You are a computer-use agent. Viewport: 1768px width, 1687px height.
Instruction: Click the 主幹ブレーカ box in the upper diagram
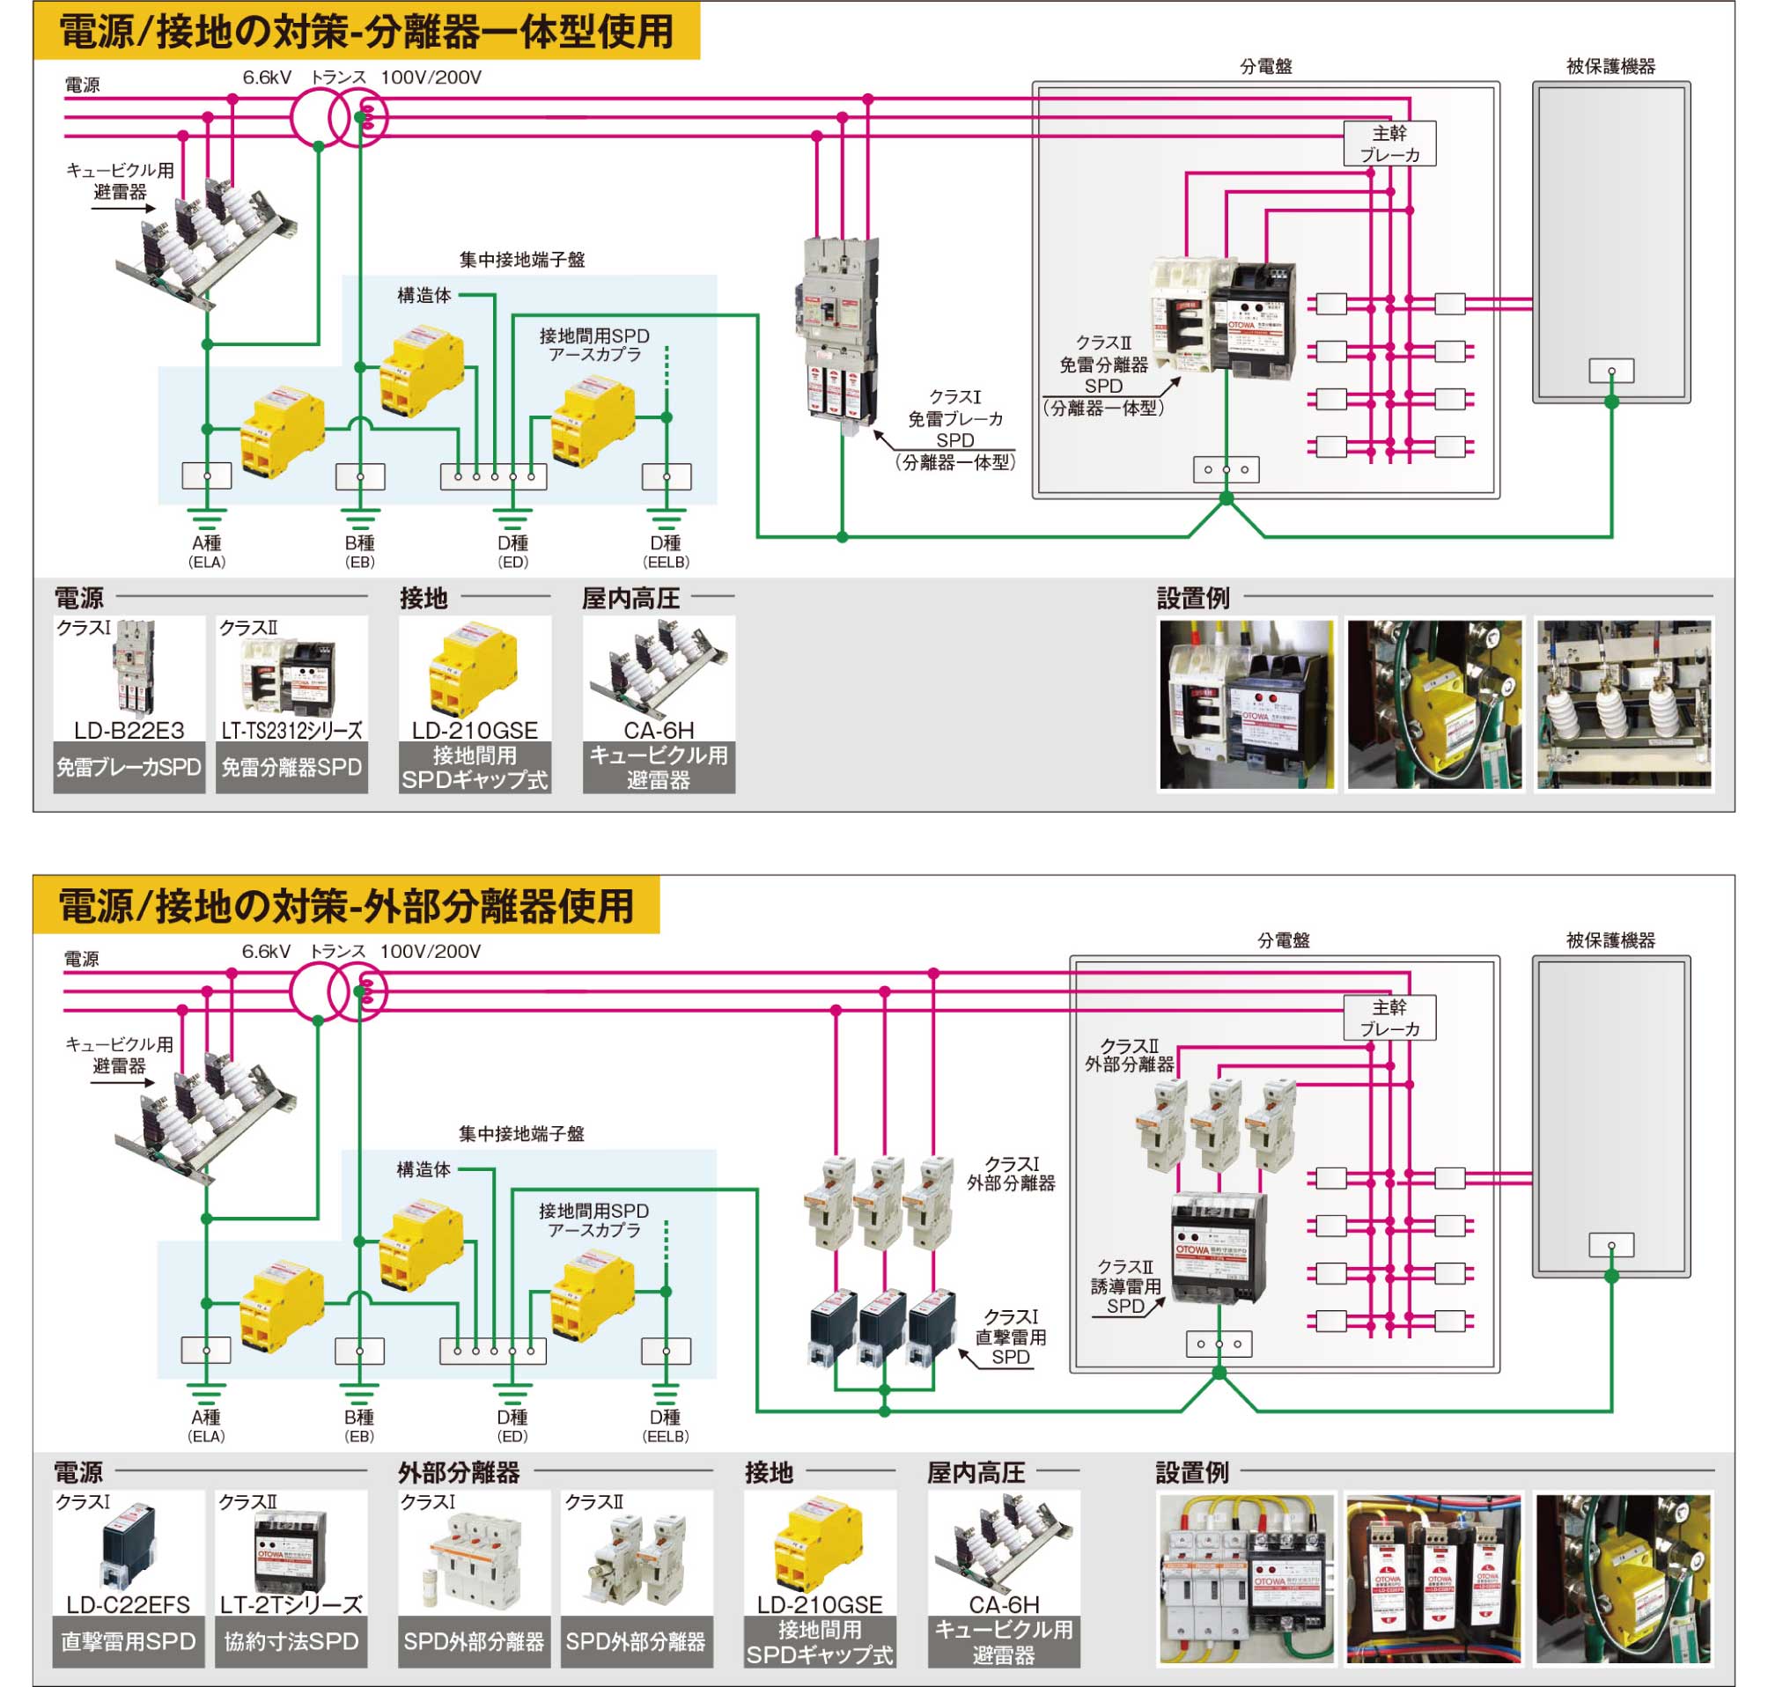pyautogui.click(x=1389, y=144)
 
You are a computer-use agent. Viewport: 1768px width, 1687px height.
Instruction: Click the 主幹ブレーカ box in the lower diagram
pyautogui.click(x=1389, y=1018)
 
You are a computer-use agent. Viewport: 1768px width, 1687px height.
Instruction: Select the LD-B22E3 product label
pyautogui.click(x=129, y=730)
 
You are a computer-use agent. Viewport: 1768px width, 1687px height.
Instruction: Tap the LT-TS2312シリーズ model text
pyautogui.click(x=291, y=730)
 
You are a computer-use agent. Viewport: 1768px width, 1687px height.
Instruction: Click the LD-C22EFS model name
pyautogui.click(x=129, y=1604)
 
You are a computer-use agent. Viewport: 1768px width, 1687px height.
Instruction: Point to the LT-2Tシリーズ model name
pyautogui.click(x=291, y=1604)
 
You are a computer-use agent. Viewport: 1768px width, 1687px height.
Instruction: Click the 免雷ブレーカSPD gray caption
pyautogui.click(x=129, y=767)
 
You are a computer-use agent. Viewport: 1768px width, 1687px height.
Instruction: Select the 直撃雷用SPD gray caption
pyautogui.click(x=129, y=1641)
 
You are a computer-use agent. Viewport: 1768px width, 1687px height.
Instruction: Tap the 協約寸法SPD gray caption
pyautogui.click(x=291, y=1641)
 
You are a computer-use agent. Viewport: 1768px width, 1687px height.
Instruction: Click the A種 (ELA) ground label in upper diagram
pyautogui.click(x=207, y=550)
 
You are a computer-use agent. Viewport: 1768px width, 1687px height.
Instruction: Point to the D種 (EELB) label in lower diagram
pyautogui.click(x=666, y=1425)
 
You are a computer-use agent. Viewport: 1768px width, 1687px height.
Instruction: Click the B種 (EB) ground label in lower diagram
pyautogui.click(x=359, y=1425)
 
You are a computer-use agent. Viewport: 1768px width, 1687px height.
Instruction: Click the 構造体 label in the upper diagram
pyautogui.click(x=424, y=295)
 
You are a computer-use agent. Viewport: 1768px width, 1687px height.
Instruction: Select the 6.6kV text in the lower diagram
pyautogui.click(x=266, y=952)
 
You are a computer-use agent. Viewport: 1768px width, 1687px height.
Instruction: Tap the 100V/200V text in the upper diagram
pyautogui.click(x=431, y=77)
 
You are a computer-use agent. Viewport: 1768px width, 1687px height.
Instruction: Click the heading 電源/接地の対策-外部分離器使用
pyautogui.click(x=346, y=905)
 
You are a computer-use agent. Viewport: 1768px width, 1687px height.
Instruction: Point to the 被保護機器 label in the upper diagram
pyautogui.click(x=1610, y=66)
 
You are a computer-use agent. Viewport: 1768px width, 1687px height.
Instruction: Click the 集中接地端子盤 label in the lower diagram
pyautogui.click(x=521, y=1134)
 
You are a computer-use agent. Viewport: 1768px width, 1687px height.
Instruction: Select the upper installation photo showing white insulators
pyautogui.click(x=1624, y=704)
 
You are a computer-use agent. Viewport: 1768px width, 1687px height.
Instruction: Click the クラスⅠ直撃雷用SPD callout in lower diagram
pyautogui.click(x=1010, y=1337)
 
